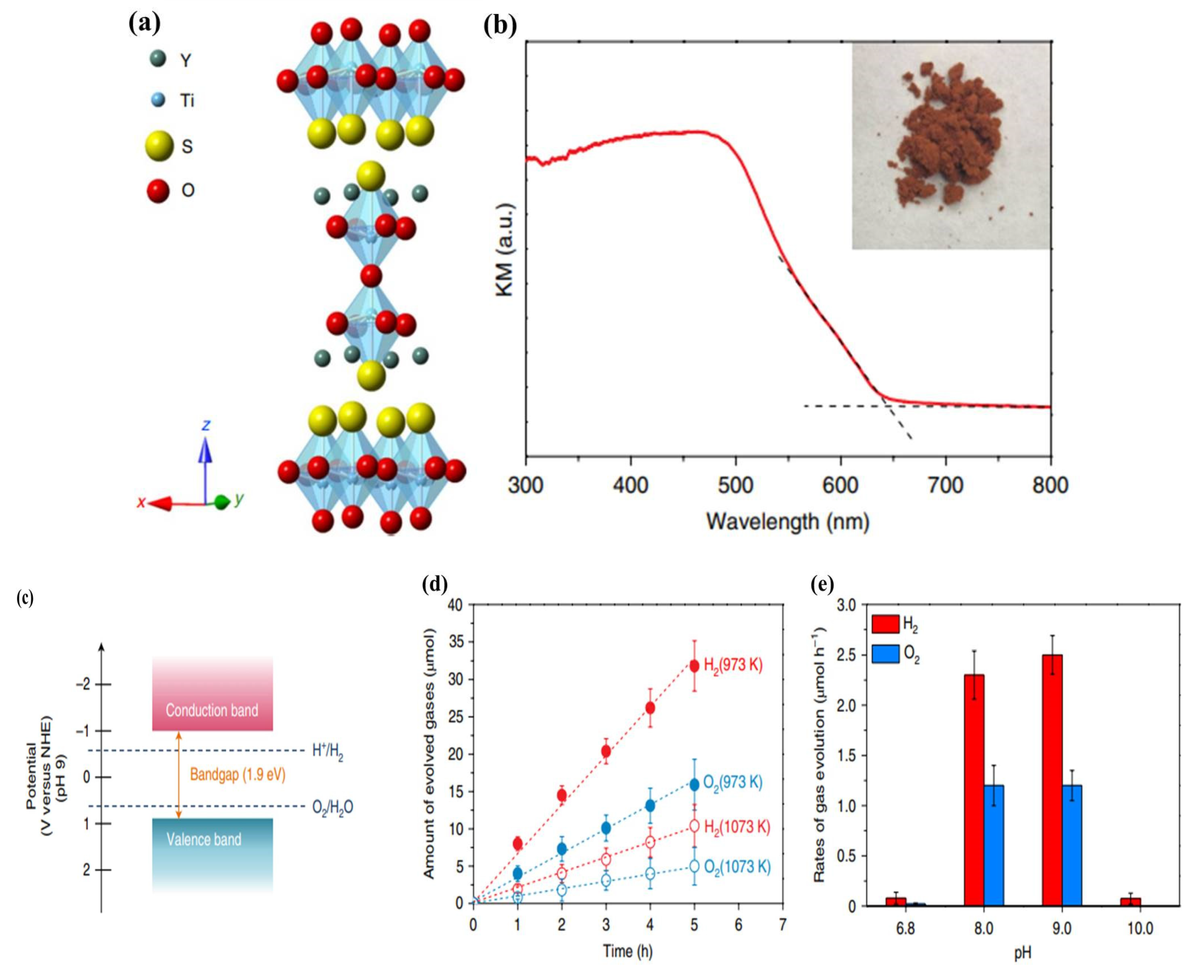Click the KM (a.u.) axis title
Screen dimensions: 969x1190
click(x=505, y=250)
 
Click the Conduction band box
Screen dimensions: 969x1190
click(x=212, y=694)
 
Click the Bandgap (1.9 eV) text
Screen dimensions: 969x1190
click(x=238, y=775)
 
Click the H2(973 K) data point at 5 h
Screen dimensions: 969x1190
click(x=694, y=666)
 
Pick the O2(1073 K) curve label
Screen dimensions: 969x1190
click(x=737, y=867)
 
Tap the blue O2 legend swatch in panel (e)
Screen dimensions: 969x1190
click(x=885, y=654)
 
